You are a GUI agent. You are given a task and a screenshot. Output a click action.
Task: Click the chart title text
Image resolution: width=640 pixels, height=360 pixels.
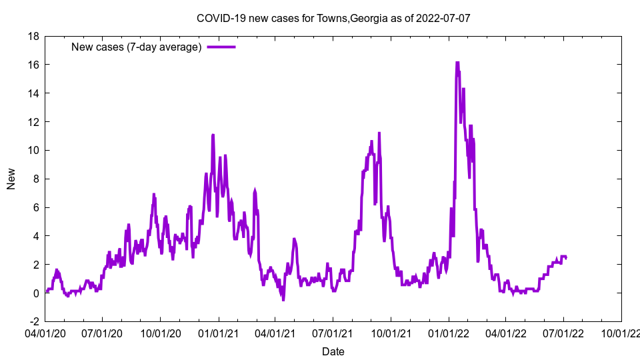pyautogui.click(x=333, y=18)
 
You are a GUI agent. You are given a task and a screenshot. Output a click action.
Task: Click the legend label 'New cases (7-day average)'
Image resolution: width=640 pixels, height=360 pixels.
pyautogui.click(x=137, y=47)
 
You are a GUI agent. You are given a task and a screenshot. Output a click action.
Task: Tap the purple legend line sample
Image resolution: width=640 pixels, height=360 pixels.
pyautogui.click(x=221, y=47)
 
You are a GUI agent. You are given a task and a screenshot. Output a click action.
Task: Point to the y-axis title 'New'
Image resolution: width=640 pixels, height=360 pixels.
pyautogui.click(x=11, y=179)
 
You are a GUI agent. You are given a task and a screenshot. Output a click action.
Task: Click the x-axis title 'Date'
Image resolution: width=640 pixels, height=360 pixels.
pyautogui.click(x=333, y=351)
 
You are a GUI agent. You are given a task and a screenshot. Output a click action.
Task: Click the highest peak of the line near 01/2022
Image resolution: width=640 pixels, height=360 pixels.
pyautogui.click(x=457, y=63)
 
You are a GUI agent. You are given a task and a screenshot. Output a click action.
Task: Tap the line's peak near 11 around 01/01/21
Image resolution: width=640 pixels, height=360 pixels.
pyautogui.click(x=213, y=135)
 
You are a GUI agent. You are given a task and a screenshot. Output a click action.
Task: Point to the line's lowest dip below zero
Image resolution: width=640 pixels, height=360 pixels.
pyautogui.click(x=283, y=299)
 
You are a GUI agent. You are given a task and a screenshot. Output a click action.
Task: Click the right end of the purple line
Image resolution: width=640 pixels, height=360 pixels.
pyautogui.click(x=566, y=257)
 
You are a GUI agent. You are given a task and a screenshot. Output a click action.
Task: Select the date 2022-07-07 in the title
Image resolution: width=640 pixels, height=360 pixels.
pyautogui.click(x=443, y=18)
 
